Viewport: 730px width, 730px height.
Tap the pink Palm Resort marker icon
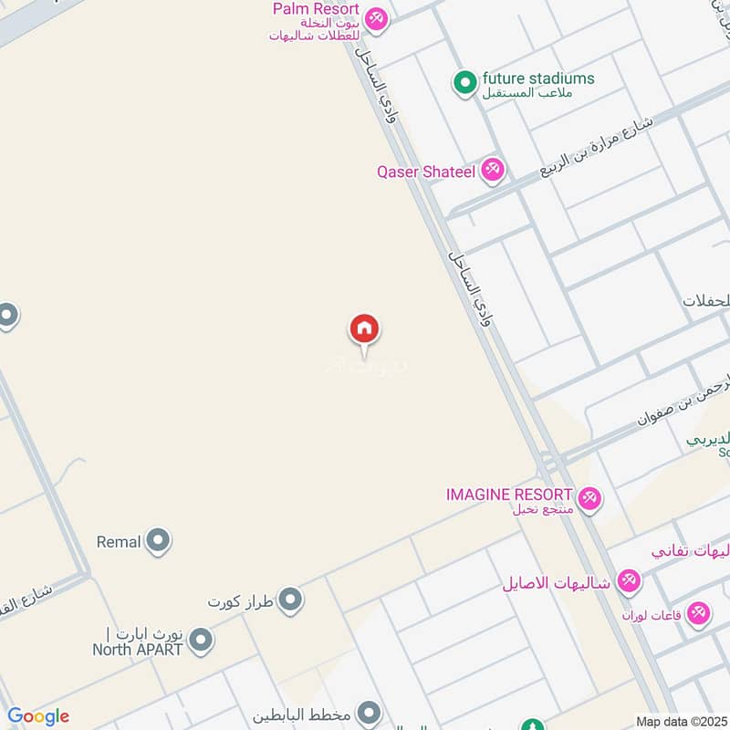coord(375,18)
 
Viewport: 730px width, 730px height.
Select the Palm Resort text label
coord(316,9)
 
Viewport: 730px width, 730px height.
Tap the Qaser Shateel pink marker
coord(493,170)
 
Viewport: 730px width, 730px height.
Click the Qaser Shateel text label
coord(426,171)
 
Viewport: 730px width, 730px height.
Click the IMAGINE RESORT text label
coord(509,494)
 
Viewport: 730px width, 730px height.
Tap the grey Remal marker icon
coord(159,541)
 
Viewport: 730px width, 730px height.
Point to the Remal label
coord(119,542)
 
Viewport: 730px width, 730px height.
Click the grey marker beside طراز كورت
coord(291,600)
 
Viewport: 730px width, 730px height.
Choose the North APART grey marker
coord(201,641)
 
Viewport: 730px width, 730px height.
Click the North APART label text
coord(138,650)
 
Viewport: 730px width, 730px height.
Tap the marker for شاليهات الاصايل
coord(629,580)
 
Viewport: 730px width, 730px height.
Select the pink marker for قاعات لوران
coord(699,613)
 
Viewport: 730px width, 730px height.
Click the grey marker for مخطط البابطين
coord(369,712)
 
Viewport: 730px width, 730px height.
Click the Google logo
coord(37,716)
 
